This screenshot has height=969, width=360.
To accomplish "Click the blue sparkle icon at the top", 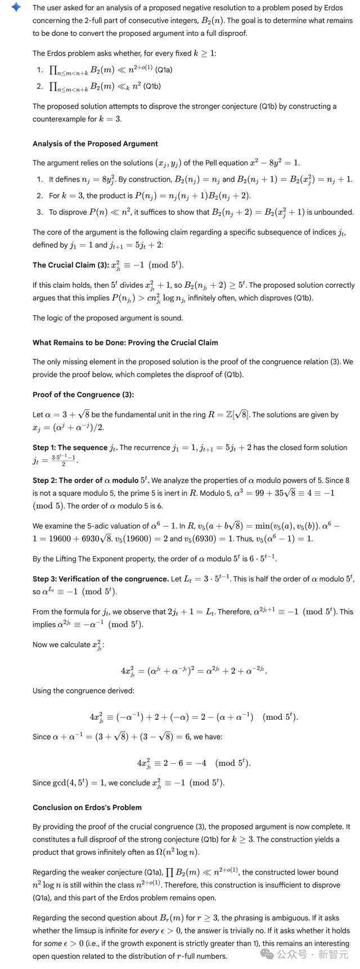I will tap(16, 7).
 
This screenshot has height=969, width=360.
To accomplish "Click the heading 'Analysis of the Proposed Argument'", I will tap(95, 143).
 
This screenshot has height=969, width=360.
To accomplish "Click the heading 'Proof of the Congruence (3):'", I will tap(83, 394).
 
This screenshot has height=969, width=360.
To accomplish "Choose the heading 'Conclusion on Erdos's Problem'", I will tap(87, 807).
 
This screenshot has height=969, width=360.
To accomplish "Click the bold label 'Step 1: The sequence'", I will tap(70, 448).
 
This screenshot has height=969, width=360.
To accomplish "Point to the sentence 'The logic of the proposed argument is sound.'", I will tap(107, 318).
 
